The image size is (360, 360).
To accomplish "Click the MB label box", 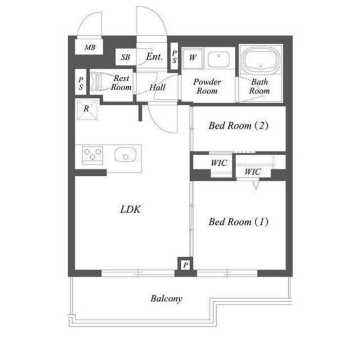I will (90, 47).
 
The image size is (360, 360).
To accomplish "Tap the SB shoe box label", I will (125, 57).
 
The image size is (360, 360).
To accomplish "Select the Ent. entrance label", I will (154, 57).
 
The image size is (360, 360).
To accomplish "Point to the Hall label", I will (157, 88).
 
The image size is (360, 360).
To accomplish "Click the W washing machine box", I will (192, 57).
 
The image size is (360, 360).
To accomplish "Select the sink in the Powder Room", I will (218, 58).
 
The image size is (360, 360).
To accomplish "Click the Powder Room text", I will (207, 86).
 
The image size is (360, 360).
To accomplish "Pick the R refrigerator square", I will (88, 109).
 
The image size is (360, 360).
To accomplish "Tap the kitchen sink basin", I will (127, 154).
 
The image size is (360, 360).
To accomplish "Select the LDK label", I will (130, 210).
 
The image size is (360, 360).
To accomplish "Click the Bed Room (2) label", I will (238, 125).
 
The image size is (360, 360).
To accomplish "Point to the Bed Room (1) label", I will (238, 222).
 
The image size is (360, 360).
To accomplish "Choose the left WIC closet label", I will (219, 163).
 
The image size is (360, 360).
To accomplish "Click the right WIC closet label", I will (253, 172).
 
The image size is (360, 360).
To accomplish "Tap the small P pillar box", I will (185, 264).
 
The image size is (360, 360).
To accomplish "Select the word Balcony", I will (166, 299).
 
